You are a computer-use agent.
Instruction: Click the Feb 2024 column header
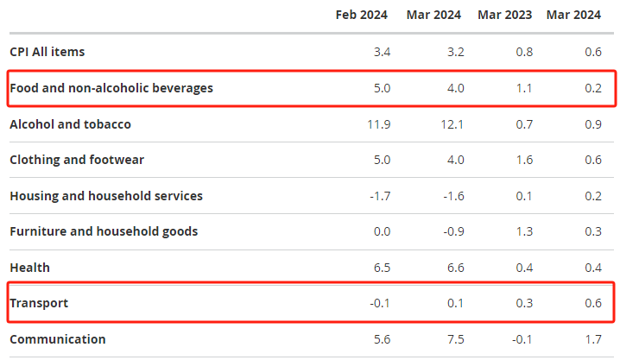click(x=362, y=15)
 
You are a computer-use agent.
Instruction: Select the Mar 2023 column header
click(x=505, y=15)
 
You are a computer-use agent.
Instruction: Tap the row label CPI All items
click(x=47, y=52)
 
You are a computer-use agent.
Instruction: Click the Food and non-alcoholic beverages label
click(x=111, y=88)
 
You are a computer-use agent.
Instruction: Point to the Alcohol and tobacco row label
click(x=70, y=124)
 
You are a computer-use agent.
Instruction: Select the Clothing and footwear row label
click(x=77, y=160)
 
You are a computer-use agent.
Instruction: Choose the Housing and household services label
click(x=106, y=196)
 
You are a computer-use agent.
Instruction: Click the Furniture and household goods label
click(x=104, y=231)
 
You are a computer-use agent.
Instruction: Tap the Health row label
click(x=30, y=268)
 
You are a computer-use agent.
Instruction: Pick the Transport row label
click(x=39, y=303)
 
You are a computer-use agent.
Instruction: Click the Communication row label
click(x=58, y=339)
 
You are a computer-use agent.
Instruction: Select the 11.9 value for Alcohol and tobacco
click(x=378, y=124)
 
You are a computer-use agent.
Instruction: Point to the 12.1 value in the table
click(x=452, y=124)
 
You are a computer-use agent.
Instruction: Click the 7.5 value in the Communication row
click(x=455, y=339)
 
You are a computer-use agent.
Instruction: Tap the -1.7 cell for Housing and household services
click(x=379, y=196)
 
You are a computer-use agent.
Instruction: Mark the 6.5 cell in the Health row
click(x=381, y=268)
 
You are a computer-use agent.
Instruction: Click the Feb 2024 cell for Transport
click(x=379, y=303)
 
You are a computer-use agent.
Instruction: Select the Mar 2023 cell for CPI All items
click(x=524, y=52)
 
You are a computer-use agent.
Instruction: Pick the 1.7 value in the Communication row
click(x=592, y=339)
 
